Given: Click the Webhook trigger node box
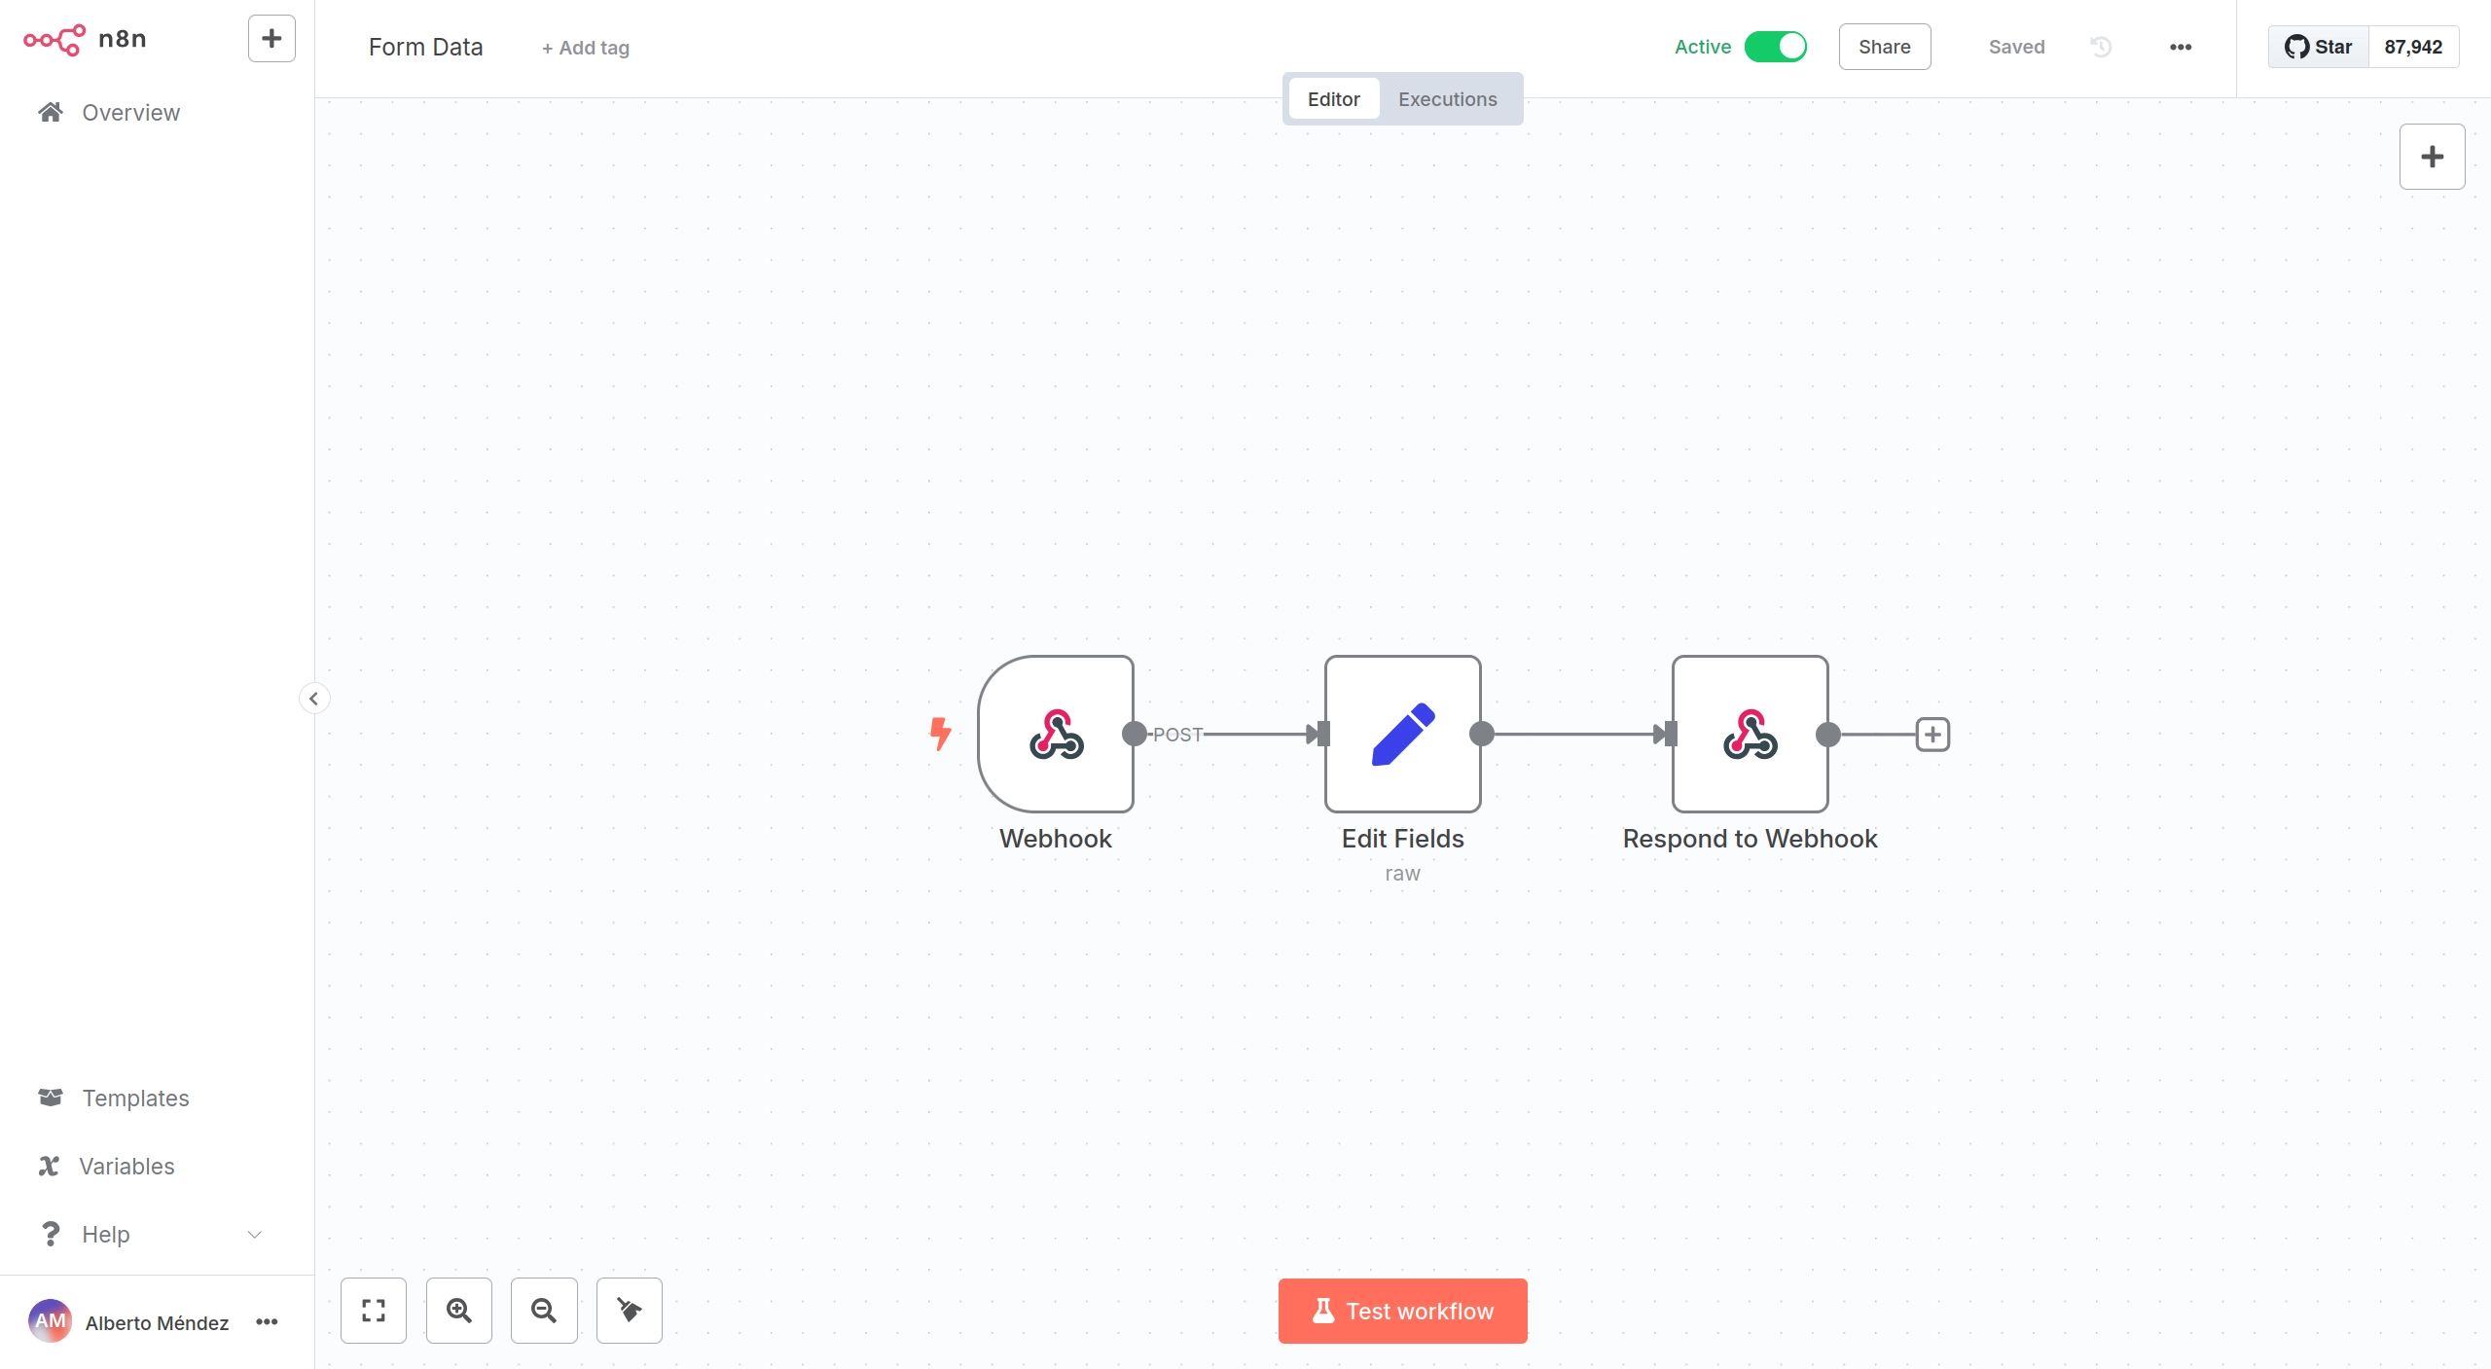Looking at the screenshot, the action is tap(1056, 734).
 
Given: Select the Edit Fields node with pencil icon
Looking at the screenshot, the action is tap(1403, 734).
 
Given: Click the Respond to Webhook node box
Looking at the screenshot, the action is tap(1751, 734).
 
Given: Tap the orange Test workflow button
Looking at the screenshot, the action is tap(1403, 1311).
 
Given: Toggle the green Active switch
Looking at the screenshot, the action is tap(1776, 47).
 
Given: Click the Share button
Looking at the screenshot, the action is tap(1885, 47).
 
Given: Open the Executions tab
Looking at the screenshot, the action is tap(1448, 99).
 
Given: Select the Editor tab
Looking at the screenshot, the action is tap(1334, 99).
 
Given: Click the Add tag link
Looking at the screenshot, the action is tap(586, 48).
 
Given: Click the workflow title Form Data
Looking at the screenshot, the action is tap(426, 47).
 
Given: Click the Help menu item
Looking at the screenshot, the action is tap(106, 1234).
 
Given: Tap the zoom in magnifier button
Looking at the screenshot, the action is tap(459, 1311).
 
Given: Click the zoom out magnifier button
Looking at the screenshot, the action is tap(544, 1311).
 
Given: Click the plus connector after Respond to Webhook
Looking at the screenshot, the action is tap(1932, 735).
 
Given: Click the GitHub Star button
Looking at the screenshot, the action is tap(2319, 47).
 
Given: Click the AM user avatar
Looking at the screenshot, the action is tap(50, 1321).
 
